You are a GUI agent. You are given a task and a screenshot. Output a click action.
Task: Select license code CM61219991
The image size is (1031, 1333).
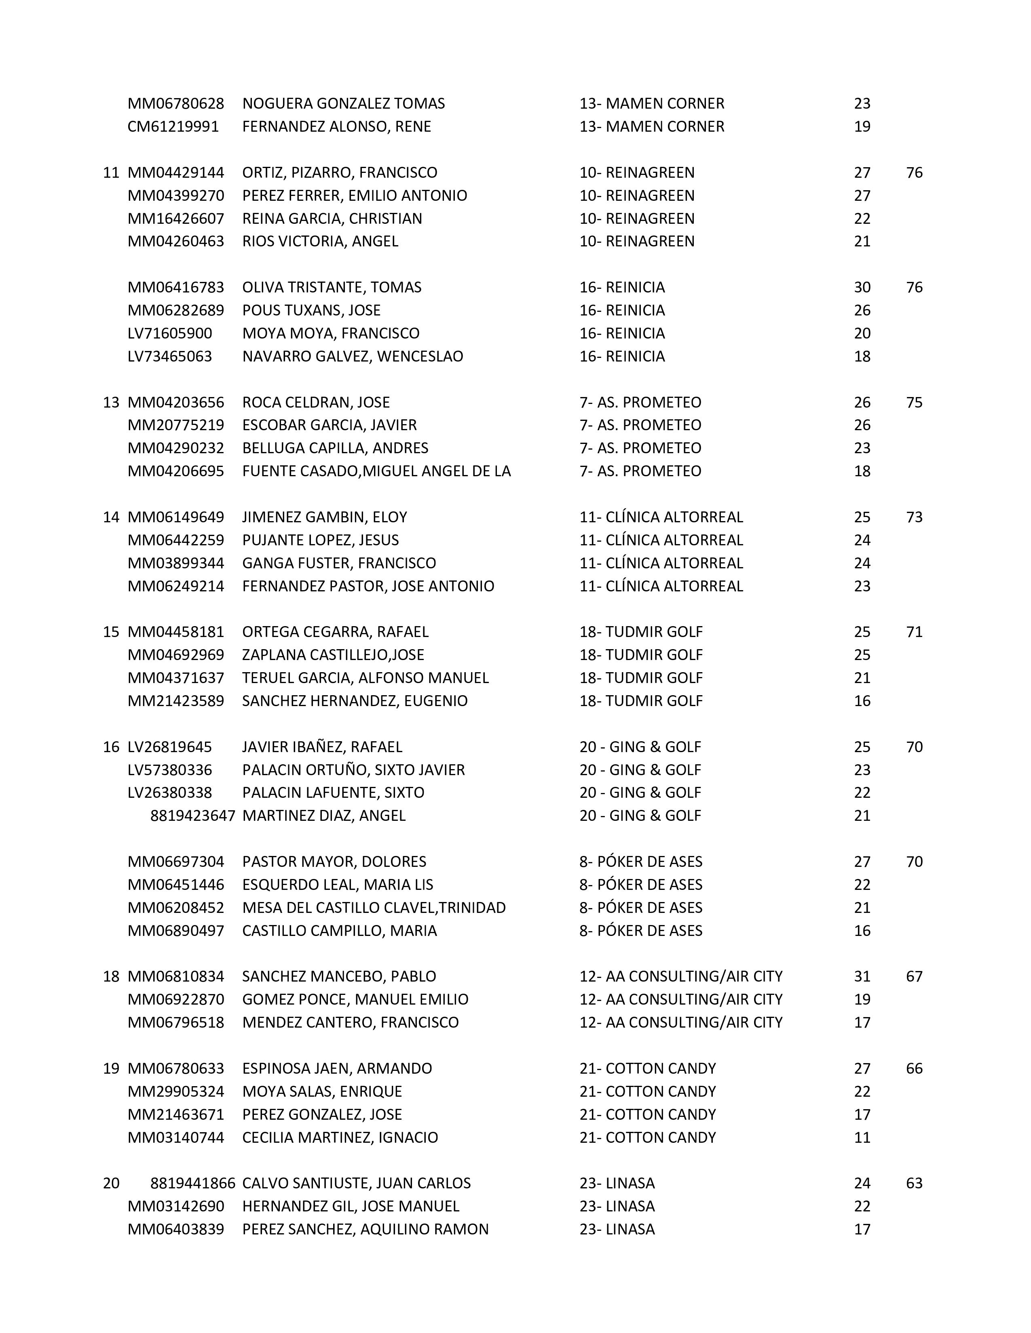[x=173, y=127]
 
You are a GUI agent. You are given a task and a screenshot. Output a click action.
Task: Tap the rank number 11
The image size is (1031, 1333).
[x=110, y=173]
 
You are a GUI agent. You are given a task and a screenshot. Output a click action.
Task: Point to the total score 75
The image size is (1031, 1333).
[x=914, y=403]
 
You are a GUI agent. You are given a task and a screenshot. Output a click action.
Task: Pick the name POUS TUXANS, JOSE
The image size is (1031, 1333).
[x=311, y=311]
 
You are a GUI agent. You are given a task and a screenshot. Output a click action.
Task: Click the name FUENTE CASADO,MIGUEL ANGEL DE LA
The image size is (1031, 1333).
[x=376, y=471]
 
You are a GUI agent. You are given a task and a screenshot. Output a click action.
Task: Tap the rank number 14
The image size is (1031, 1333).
[x=110, y=517]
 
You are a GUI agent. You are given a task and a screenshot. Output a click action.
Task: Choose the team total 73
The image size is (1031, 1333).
[x=914, y=517]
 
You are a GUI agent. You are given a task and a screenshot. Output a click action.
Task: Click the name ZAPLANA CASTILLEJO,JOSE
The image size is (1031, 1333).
[x=333, y=655]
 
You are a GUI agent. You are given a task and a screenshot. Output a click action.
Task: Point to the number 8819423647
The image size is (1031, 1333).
[x=192, y=816]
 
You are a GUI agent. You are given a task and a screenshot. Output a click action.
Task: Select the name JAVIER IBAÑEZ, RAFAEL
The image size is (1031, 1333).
[x=322, y=747]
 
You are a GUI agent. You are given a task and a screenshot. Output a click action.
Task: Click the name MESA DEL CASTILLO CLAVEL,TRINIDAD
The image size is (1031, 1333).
[x=374, y=908]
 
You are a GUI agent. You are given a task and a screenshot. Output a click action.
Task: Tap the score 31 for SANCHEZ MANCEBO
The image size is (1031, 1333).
[x=862, y=977]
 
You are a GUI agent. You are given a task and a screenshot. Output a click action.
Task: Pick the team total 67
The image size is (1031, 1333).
[x=914, y=977]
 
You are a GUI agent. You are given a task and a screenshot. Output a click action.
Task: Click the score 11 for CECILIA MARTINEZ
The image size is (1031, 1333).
[x=862, y=1137]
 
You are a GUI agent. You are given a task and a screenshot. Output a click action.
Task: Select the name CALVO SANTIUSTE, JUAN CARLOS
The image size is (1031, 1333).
[x=356, y=1184]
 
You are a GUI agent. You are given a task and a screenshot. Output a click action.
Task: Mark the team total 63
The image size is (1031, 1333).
[x=914, y=1184]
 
